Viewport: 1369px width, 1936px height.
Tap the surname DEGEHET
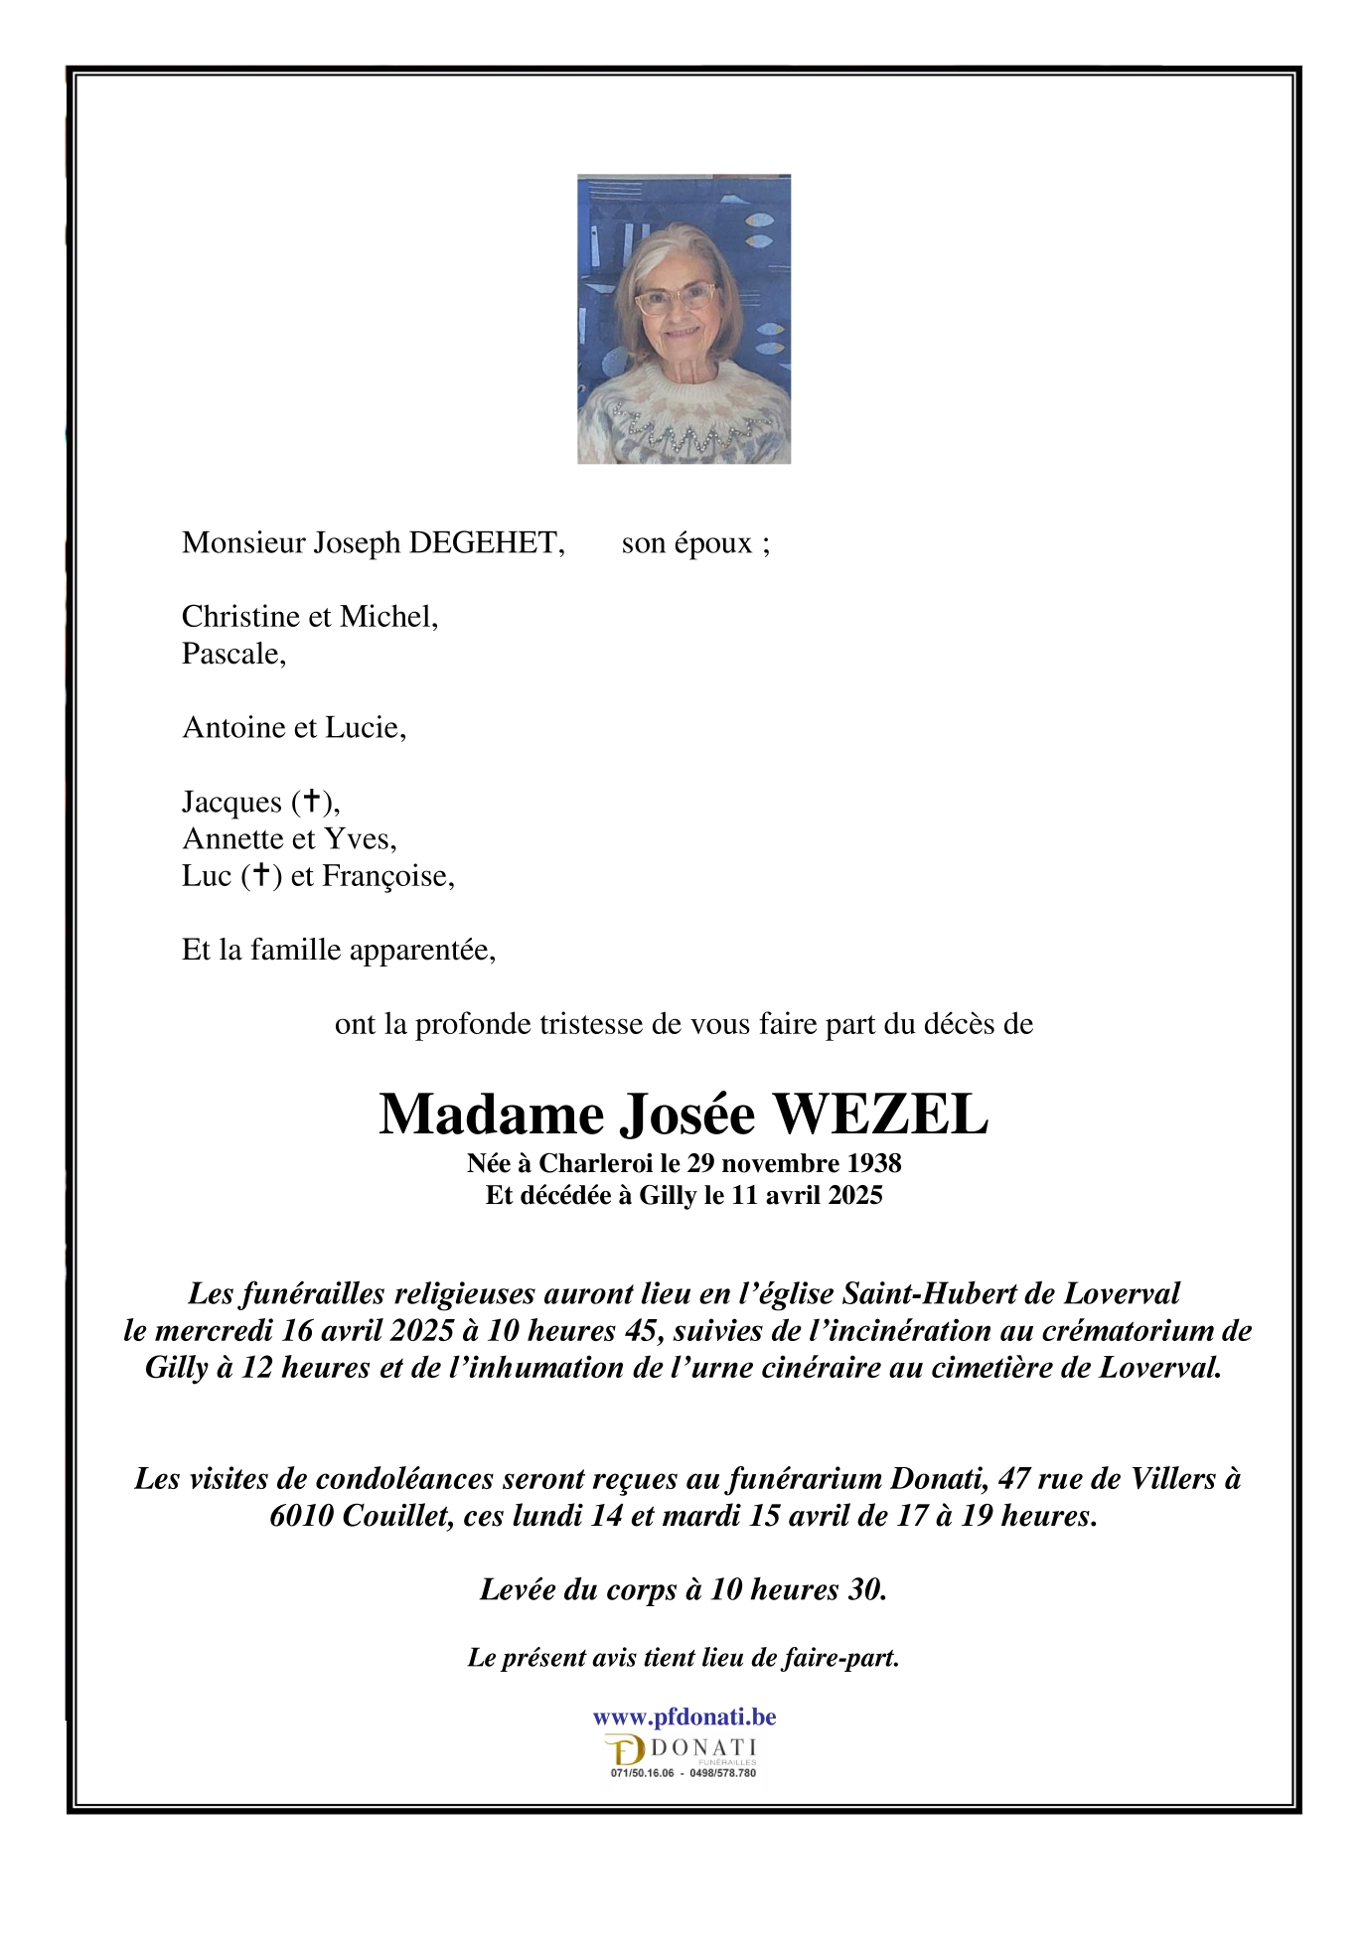[486, 543]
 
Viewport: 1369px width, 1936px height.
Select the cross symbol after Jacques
[313, 801]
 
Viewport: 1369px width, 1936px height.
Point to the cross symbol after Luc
[261, 875]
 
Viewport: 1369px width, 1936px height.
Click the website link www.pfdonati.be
[684, 1717]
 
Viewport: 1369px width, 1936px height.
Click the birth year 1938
[873, 1163]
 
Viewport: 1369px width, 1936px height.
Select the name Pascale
[233, 655]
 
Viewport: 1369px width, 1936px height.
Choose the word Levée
[518, 1589]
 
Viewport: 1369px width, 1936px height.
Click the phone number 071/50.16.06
[642, 1773]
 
